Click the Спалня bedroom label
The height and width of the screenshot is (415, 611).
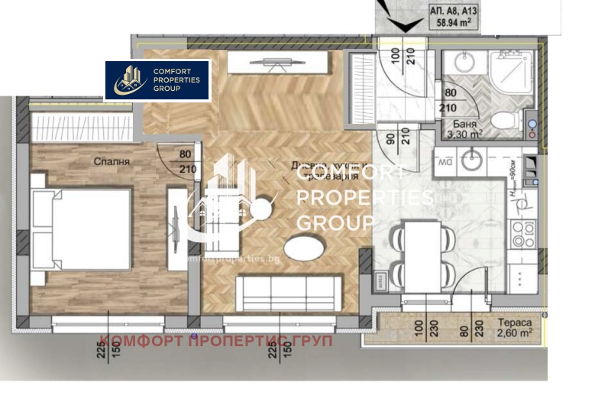pyautogui.click(x=112, y=162)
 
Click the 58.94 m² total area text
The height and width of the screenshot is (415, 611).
pyautogui.click(x=458, y=24)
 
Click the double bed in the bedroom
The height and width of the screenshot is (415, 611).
pyautogui.click(x=79, y=229)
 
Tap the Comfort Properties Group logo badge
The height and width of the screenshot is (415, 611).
pyautogui.click(x=157, y=80)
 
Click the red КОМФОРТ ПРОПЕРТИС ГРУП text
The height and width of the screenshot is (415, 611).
pyautogui.click(x=216, y=341)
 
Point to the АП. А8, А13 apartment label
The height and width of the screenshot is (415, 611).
pyautogui.click(x=457, y=11)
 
